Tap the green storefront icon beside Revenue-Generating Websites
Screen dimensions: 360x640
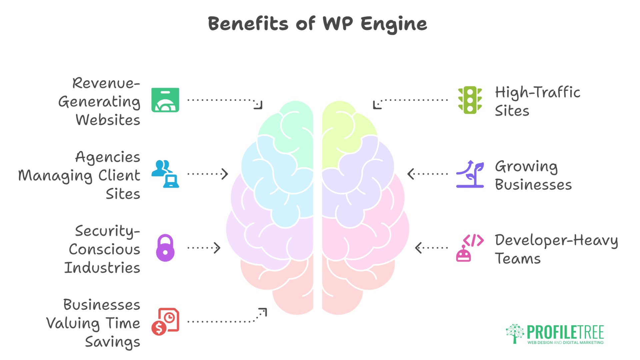[x=165, y=100]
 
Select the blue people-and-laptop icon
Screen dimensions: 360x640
[x=165, y=174]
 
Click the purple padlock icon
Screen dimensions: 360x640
[x=165, y=248]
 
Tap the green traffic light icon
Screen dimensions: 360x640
[x=470, y=100]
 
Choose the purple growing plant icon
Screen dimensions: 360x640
[x=470, y=174]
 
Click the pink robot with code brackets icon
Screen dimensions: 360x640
[x=470, y=248]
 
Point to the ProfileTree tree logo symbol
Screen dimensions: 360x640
[x=515, y=333]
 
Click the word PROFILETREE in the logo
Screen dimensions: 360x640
[x=565, y=332]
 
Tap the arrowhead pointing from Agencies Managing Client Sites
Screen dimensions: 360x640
[x=225, y=174]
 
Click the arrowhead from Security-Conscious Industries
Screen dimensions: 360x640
[x=218, y=248]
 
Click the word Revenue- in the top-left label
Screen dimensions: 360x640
[x=106, y=83]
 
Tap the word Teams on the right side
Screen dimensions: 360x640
[x=517, y=259]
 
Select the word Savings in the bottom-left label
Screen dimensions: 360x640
[x=112, y=342]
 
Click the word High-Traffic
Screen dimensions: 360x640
[x=537, y=92]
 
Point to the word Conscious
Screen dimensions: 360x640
[x=104, y=249]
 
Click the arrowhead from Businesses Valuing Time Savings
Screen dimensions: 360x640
[x=263, y=312]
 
